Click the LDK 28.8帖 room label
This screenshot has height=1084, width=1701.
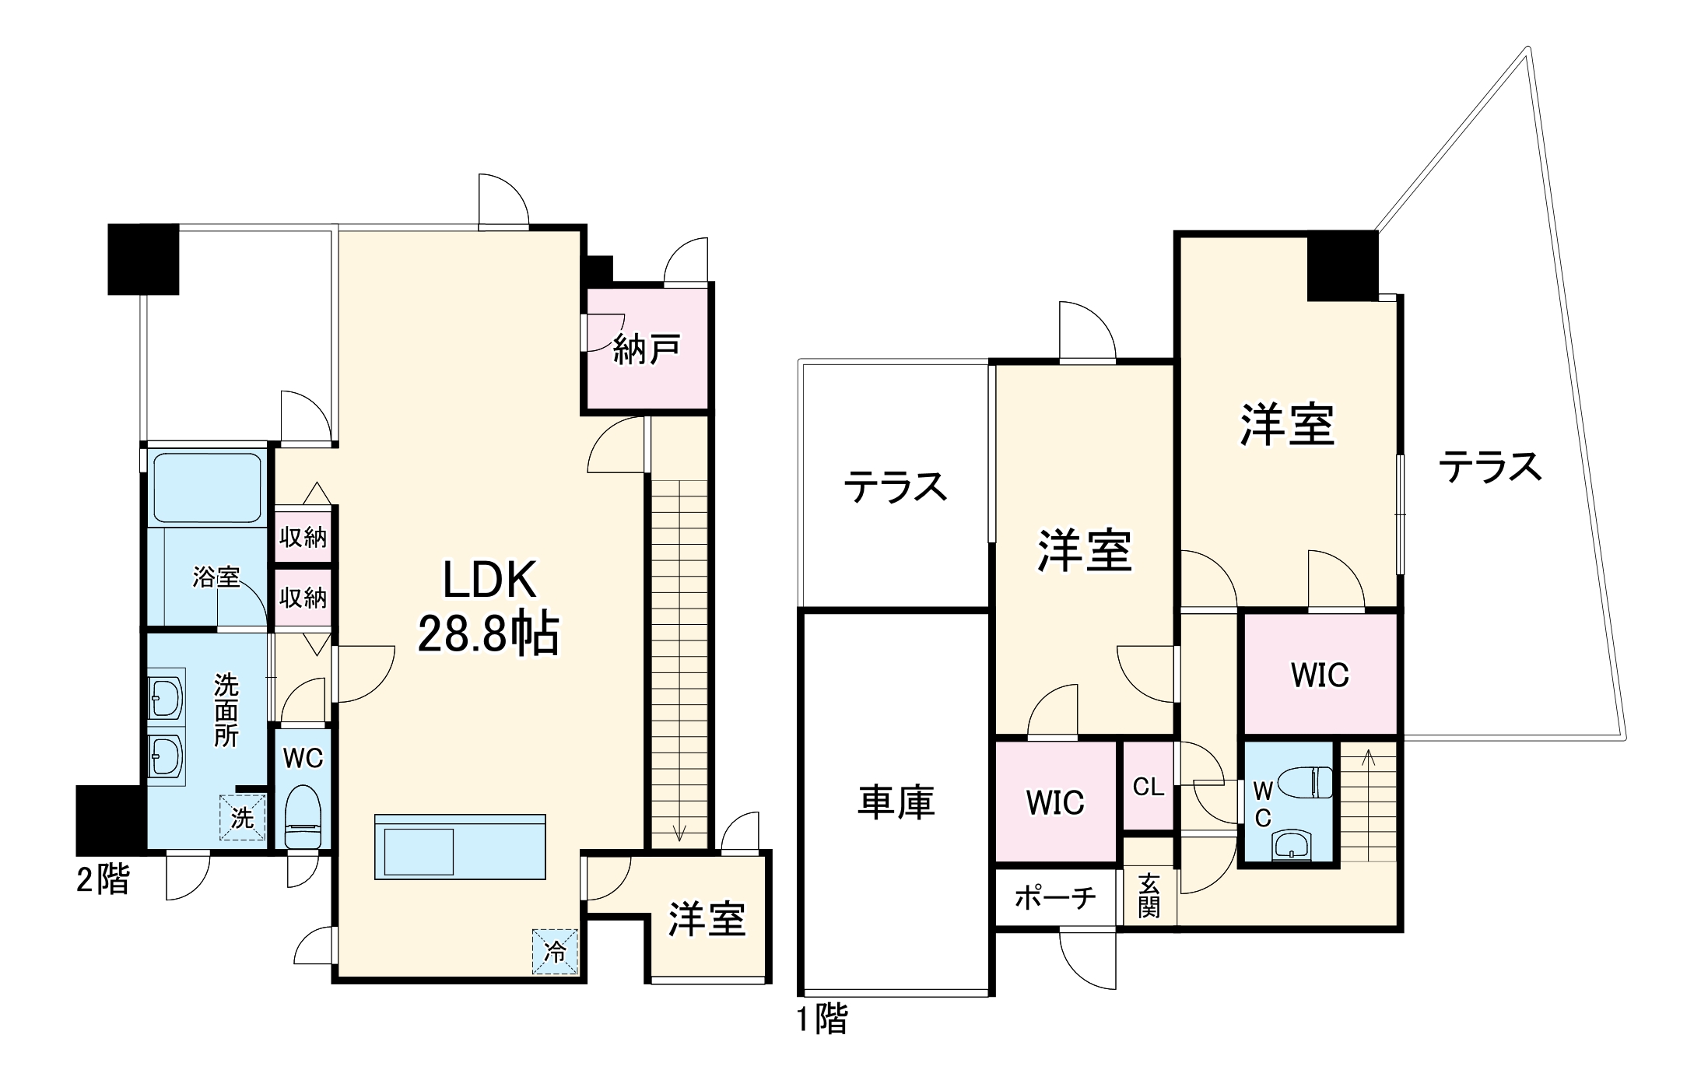[489, 607]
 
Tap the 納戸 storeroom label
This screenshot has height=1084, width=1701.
[647, 350]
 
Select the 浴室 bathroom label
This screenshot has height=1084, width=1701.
[216, 577]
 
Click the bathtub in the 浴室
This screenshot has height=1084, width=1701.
[207, 488]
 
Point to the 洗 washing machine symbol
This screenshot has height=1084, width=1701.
[242, 817]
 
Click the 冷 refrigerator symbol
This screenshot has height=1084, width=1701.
[555, 951]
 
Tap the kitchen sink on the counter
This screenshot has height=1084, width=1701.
[418, 851]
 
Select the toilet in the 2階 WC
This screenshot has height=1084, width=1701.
[302, 816]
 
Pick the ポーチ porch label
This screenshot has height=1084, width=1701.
[1055, 898]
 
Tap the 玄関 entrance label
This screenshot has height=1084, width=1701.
[1149, 895]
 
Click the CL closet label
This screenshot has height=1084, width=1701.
[1149, 787]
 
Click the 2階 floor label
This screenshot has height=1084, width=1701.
[103, 880]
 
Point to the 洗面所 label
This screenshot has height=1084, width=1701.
[226, 710]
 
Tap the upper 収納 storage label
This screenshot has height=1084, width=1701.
[303, 536]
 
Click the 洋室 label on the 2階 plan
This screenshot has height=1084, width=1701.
[707, 919]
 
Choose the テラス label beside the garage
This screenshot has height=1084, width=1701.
[896, 487]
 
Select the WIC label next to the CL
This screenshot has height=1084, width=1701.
[1055, 802]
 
